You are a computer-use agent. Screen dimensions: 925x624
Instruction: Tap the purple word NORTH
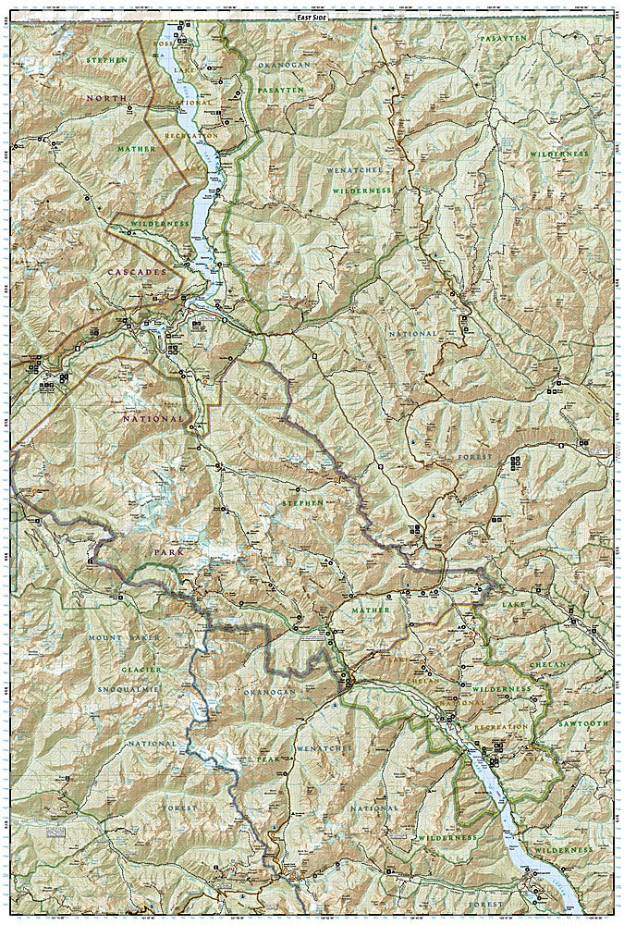(104, 97)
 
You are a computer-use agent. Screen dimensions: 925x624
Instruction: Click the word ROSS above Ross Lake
(165, 44)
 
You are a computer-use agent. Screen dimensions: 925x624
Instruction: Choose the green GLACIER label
(140, 669)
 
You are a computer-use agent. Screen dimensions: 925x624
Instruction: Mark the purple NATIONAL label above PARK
(154, 418)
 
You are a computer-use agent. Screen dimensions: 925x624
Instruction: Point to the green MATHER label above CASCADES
(136, 146)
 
